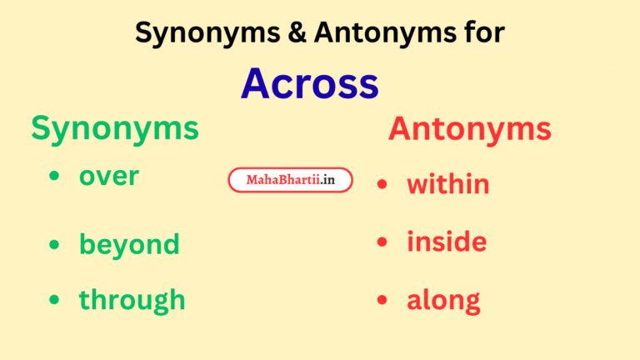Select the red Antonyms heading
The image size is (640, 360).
click(x=469, y=128)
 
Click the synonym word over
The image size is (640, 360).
click(x=108, y=176)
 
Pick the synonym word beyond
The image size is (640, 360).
click(x=129, y=244)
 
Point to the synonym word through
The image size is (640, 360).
click(x=132, y=299)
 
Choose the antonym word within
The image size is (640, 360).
click(x=447, y=183)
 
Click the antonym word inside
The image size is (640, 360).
click(x=447, y=242)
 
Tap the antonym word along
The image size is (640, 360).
click(x=443, y=300)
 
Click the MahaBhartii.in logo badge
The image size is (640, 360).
click(x=290, y=180)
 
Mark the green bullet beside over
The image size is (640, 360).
click(x=54, y=177)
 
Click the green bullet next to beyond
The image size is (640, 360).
click(x=54, y=245)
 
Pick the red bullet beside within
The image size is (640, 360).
click(x=382, y=184)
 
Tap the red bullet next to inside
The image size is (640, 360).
click(x=382, y=242)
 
